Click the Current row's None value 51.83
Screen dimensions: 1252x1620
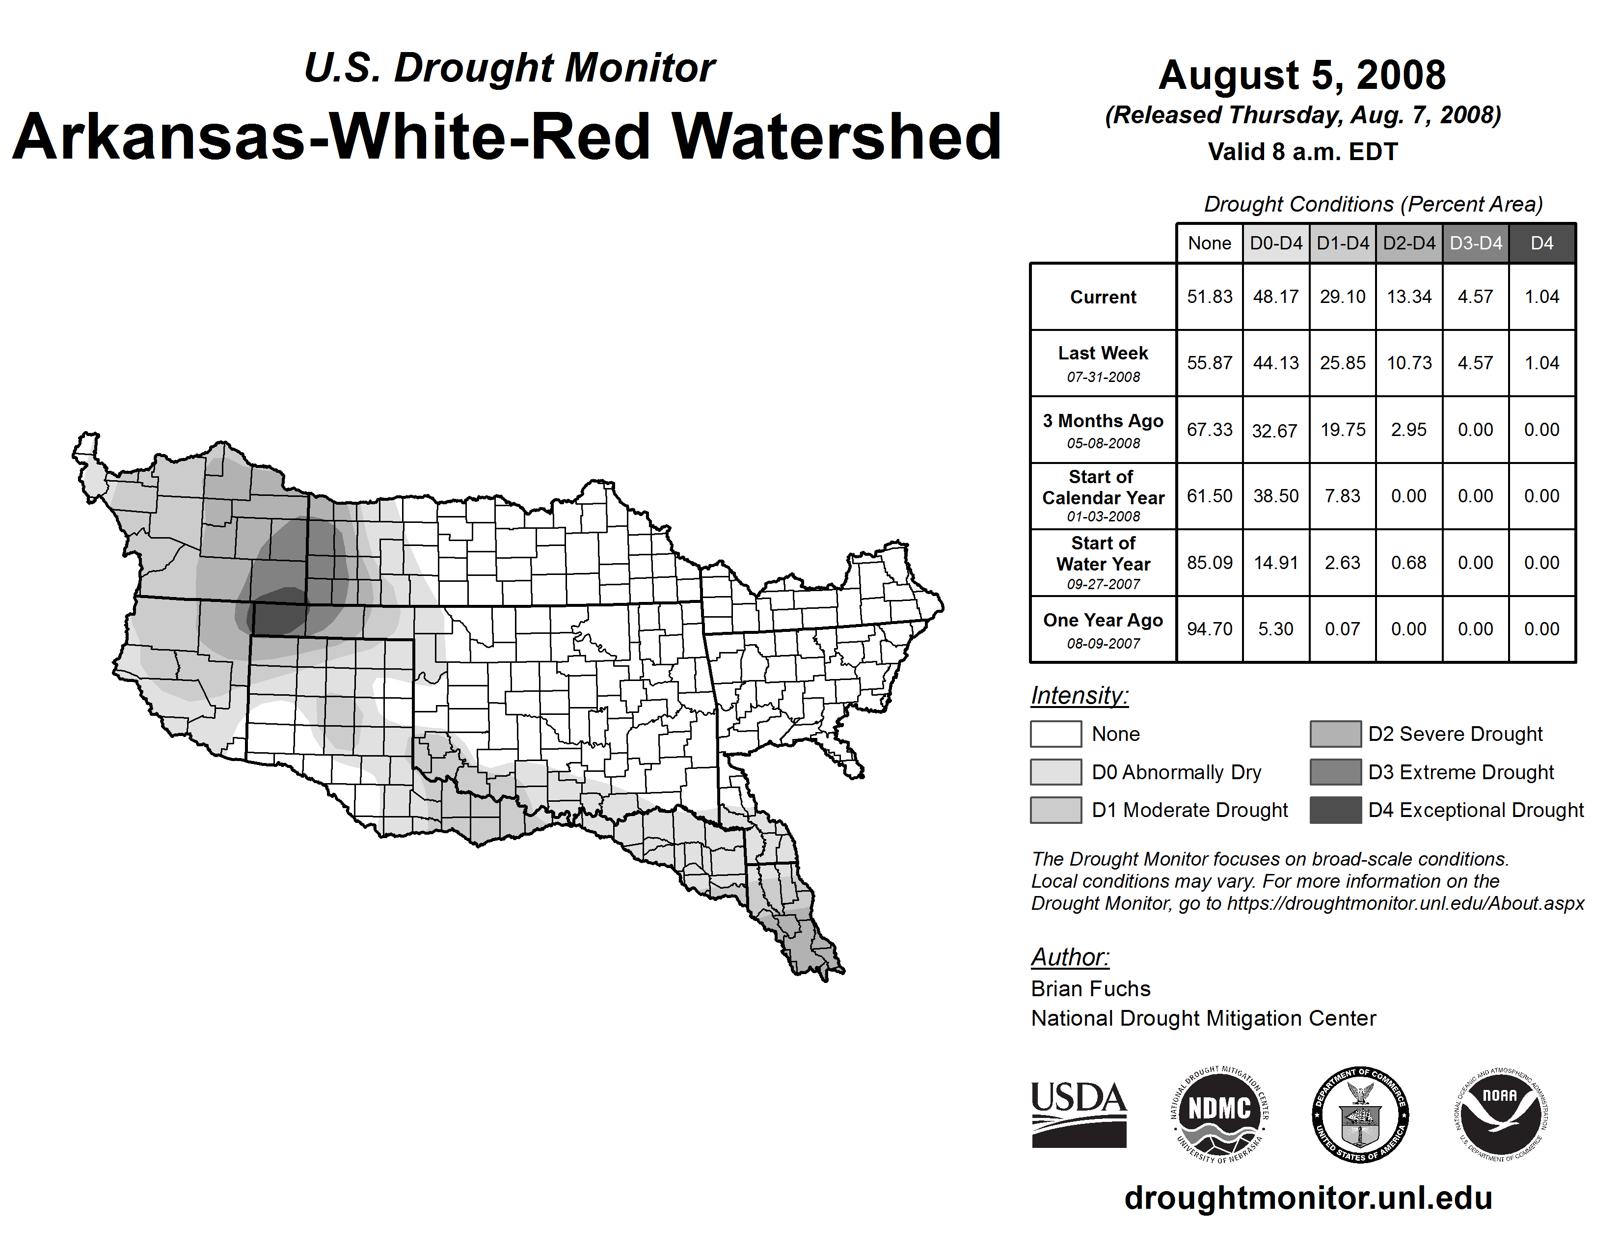click(1209, 297)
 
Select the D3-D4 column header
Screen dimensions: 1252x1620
click(1475, 243)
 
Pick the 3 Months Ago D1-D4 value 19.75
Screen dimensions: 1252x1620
click(1343, 430)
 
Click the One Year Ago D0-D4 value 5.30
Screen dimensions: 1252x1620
click(1276, 629)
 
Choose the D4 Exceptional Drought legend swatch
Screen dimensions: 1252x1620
click(1335, 810)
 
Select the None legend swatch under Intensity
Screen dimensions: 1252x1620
click(1055, 734)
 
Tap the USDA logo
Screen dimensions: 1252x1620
click(1079, 1114)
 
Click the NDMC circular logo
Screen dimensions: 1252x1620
click(1219, 1114)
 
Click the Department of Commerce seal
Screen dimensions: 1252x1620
click(1360, 1114)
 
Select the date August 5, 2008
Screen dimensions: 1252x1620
click(1302, 75)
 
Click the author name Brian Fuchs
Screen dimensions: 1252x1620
click(1090, 989)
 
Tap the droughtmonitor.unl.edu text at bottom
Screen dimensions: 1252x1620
click(1308, 1198)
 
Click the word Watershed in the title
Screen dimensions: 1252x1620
click(836, 136)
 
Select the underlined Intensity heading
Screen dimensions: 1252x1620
click(1079, 696)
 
